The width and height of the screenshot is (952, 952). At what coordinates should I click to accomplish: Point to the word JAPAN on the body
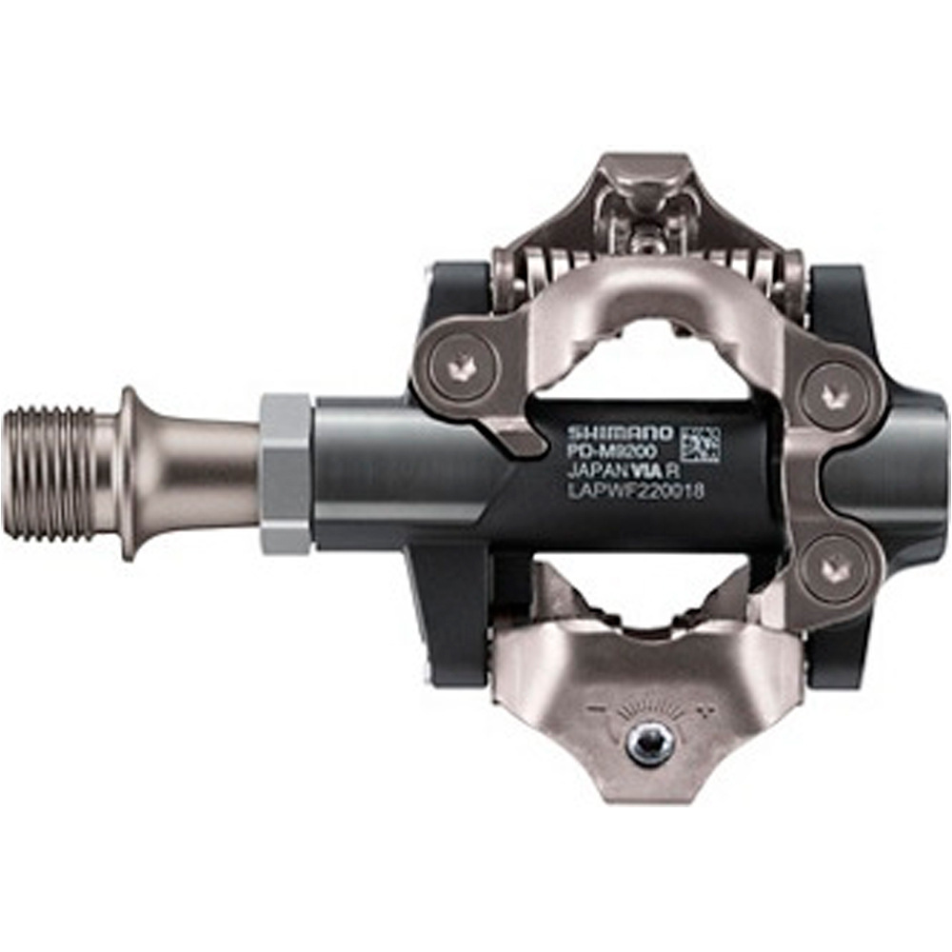click(595, 473)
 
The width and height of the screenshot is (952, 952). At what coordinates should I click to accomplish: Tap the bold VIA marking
click(652, 473)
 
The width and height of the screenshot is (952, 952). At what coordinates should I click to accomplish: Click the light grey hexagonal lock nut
click(285, 473)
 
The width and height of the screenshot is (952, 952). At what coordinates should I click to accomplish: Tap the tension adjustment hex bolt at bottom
click(651, 744)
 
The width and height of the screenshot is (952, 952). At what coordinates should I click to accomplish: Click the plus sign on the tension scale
click(705, 710)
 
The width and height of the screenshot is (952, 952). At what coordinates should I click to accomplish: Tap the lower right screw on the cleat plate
click(834, 568)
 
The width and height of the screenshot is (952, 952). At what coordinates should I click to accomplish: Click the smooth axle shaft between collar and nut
click(209, 472)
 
